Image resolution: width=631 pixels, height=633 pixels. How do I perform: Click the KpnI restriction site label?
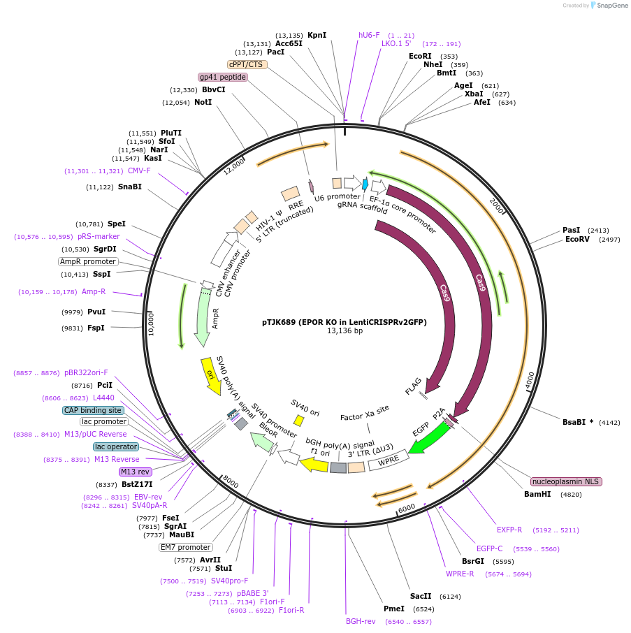coord(317,35)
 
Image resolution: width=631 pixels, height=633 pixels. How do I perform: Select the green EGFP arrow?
coord(428,438)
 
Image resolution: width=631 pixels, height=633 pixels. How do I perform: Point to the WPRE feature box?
coord(389,460)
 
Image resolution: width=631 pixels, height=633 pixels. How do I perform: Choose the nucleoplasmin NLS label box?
coord(566,481)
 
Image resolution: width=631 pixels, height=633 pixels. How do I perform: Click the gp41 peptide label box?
coord(223,77)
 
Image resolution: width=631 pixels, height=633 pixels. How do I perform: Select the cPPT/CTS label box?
coord(247,64)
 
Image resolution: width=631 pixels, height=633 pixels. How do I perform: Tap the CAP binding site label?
coord(93,410)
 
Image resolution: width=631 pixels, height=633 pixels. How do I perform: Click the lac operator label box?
coord(116,447)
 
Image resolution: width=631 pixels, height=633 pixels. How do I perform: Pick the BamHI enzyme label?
coord(537,495)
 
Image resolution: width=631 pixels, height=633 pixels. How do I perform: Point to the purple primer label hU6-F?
coord(369,35)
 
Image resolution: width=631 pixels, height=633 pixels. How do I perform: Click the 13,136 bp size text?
coord(344,331)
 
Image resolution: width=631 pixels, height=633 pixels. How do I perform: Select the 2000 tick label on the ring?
coord(497,206)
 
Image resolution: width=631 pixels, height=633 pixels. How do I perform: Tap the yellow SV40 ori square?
coord(299,421)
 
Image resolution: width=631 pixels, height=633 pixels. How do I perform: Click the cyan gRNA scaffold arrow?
coord(365,184)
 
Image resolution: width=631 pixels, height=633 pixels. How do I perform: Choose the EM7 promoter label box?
coord(186,548)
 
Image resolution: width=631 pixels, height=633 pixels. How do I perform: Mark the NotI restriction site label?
coord(203,102)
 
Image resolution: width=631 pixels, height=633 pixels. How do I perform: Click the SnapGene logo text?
coord(612,6)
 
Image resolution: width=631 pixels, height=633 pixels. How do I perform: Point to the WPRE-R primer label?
coord(460,574)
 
